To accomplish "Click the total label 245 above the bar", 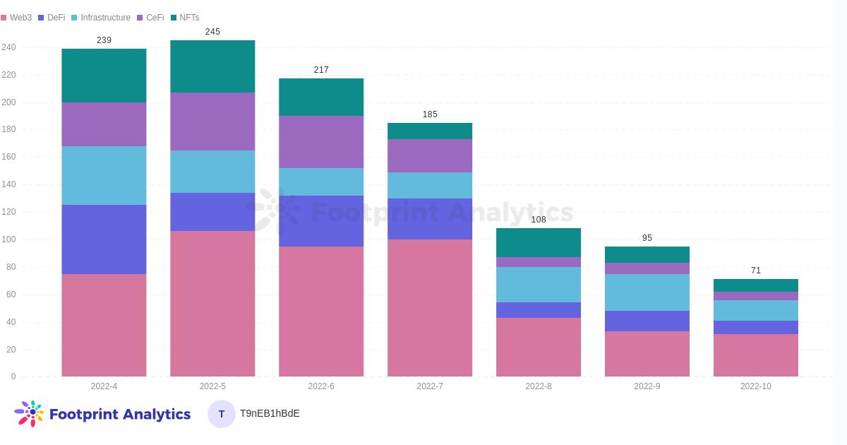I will point(212,32).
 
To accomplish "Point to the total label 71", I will point(756,271).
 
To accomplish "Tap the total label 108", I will point(539,220).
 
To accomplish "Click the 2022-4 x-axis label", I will point(104,386).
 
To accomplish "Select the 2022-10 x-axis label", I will point(756,386).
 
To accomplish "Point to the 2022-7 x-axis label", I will point(430,386).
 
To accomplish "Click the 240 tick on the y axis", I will point(8,47).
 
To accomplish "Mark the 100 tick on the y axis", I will point(8,239).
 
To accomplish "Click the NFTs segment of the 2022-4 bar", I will point(104,76).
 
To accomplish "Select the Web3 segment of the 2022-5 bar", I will point(212,304).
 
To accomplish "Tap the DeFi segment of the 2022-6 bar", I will point(321,221).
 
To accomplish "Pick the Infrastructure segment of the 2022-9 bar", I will point(647,292).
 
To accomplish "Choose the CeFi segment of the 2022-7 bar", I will point(430,156).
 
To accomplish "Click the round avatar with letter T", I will point(222,414).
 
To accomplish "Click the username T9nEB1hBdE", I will point(270,414).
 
